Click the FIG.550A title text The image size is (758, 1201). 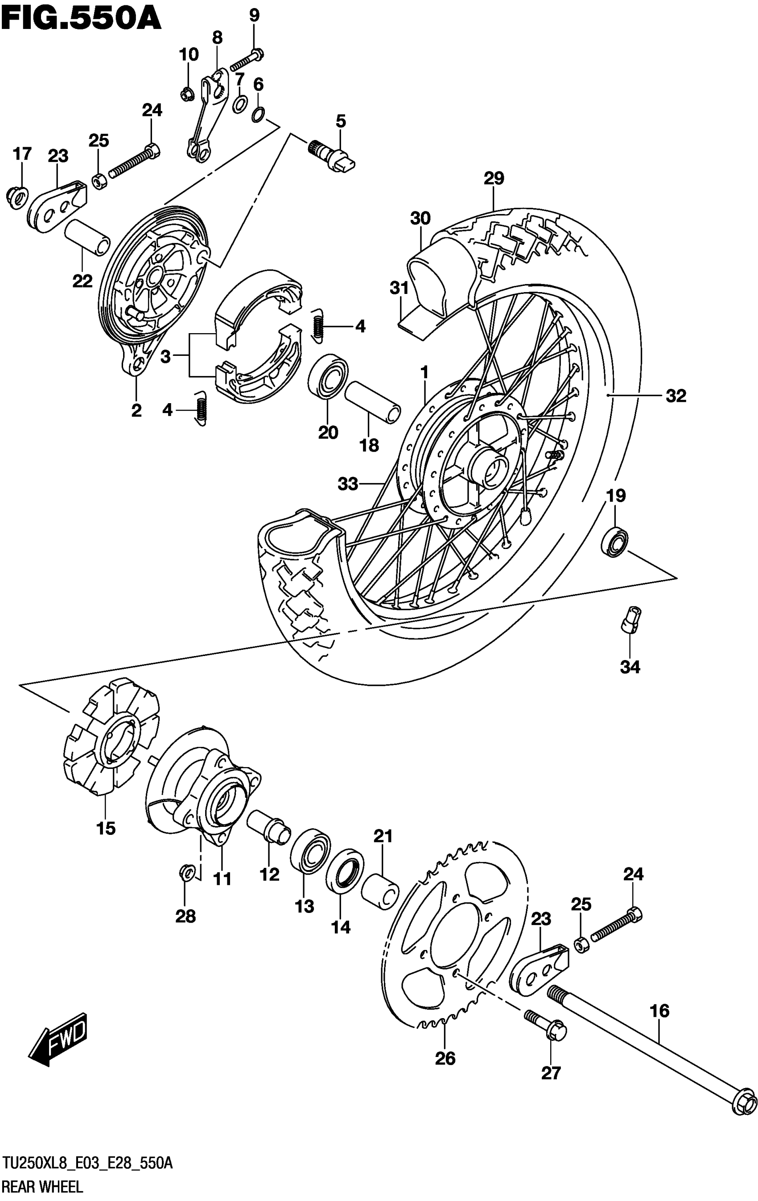coord(81,19)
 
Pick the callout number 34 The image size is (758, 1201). coord(630,667)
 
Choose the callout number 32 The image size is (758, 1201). coord(676,396)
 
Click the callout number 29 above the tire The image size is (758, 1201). coord(494,178)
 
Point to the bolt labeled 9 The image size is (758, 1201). coord(247,59)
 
